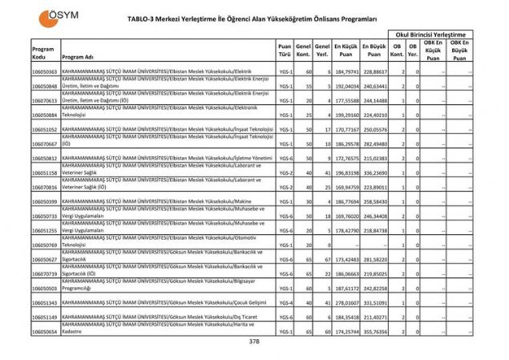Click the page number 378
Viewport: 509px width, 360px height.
(x=254, y=342)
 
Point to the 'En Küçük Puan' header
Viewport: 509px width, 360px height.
(x=344, y=51)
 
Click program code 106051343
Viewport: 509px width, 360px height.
(x=44, y=302)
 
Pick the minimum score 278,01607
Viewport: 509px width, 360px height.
(x=344, y=302)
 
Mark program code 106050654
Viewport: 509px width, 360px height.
(x=44, y=331)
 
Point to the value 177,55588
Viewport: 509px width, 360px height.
(x=344, y=101)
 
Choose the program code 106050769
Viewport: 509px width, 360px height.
(x=44, y=245)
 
